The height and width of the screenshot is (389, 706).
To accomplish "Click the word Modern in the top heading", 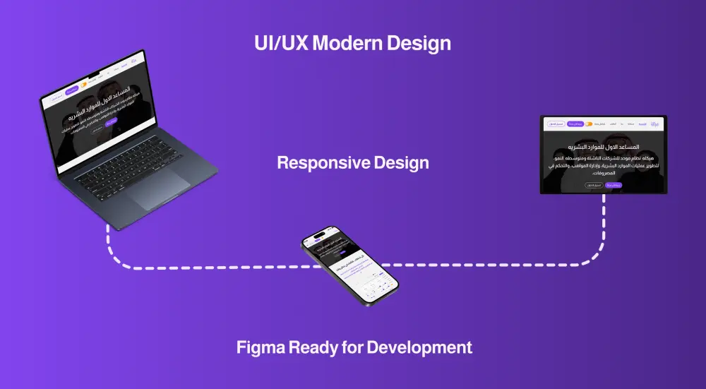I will click(347, 43).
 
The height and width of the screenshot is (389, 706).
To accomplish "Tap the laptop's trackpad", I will click(160, 188).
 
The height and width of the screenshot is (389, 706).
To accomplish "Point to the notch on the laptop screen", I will click(94, 73).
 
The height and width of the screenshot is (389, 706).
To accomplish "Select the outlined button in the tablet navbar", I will click(555, 124).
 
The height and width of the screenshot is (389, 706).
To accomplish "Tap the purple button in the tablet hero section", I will click(614, 185).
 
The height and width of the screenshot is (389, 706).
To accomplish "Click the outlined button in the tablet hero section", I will click(593, 185).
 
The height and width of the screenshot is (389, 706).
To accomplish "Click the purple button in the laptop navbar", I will click(71, 91).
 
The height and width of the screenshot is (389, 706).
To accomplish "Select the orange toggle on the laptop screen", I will click(83, 85).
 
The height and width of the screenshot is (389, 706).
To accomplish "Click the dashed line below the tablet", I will click(604, 226).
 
